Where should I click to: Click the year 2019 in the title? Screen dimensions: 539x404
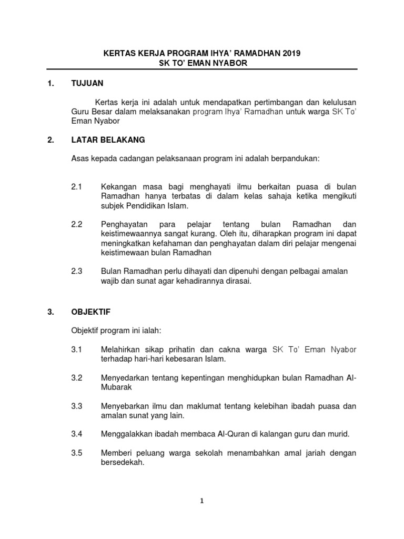coord(292,54)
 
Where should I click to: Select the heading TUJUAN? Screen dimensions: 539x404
coord(87,83)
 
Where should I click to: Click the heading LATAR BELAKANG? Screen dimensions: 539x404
coord(108,140)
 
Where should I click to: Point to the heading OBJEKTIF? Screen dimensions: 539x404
coord(90,312)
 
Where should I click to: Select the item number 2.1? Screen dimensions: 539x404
coord(77,187)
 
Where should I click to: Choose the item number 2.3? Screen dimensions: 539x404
coord(77,271)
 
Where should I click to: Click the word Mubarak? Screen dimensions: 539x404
coord(116,387)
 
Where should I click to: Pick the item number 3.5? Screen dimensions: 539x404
coord(77,453)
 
